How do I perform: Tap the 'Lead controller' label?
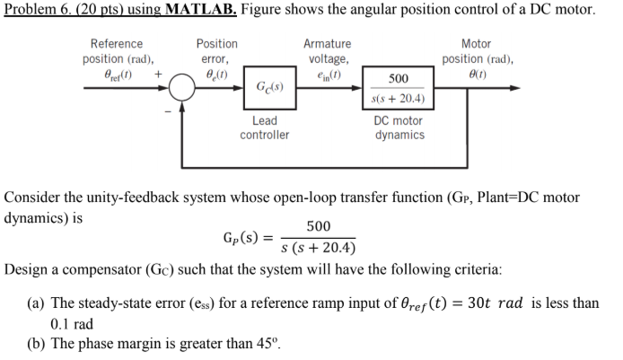[x=265, y=127]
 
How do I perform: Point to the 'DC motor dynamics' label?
[x=399, y=127]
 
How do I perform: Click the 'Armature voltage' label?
[x=328, y=51]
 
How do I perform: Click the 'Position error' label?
[x=216, y=51]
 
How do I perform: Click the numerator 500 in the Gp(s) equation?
[x=318, y=225]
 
